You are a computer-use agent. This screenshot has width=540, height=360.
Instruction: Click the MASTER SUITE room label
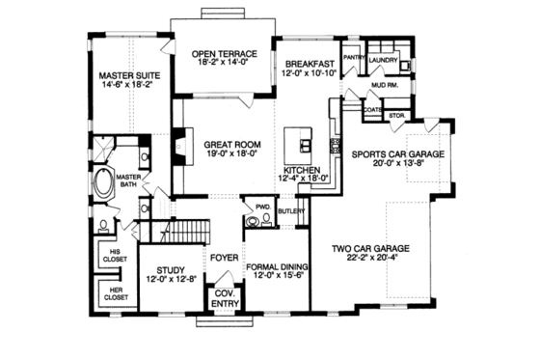click(x=128, y=74)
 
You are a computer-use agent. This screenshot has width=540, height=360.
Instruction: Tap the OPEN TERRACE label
click(x=222, y=54)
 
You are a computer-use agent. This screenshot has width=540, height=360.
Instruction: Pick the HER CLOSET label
click(x=116, y=293)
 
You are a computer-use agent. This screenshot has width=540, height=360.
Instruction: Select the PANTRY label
click(x=352, y=57)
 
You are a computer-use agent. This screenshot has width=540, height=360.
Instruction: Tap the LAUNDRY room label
click(x=383, y=57)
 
